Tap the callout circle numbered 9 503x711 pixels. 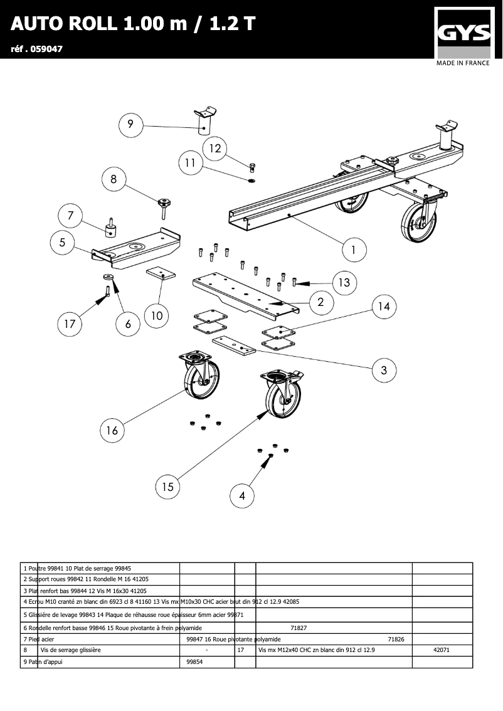[x=130, y=124]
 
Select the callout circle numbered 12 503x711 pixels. [x=215, y=149]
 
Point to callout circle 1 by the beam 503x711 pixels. [x=354, y=250]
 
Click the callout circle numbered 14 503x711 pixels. [x=384, y=306]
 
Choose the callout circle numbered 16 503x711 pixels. [x=112, y=430]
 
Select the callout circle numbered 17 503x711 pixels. [x=70, y=324]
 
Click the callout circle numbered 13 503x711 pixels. [x=344, y=283]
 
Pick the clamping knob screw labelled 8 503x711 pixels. [x=164, y=206]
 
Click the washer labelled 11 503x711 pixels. [x=251, y=181]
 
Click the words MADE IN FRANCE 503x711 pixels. [x=463, y=63]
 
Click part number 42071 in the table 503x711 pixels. [x=442, y=650]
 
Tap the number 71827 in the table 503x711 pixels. [x=299, y=628]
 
